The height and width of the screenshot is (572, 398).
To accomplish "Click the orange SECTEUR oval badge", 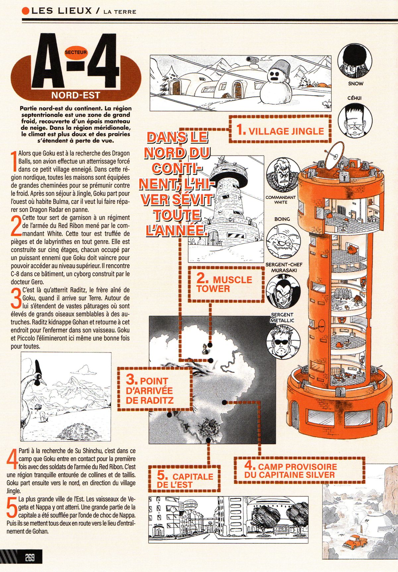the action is [76, 52].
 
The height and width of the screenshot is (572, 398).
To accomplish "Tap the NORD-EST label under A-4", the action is [75, 96].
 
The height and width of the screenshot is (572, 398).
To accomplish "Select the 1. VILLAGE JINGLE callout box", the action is [281, 129].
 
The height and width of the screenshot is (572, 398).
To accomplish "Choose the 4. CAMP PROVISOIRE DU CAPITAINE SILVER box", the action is [300, 471].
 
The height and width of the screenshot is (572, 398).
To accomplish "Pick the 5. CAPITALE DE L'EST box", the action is [184, 479].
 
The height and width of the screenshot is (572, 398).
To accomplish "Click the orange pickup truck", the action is [356, 543].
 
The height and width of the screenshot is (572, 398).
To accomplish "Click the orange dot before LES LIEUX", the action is [26, 11].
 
